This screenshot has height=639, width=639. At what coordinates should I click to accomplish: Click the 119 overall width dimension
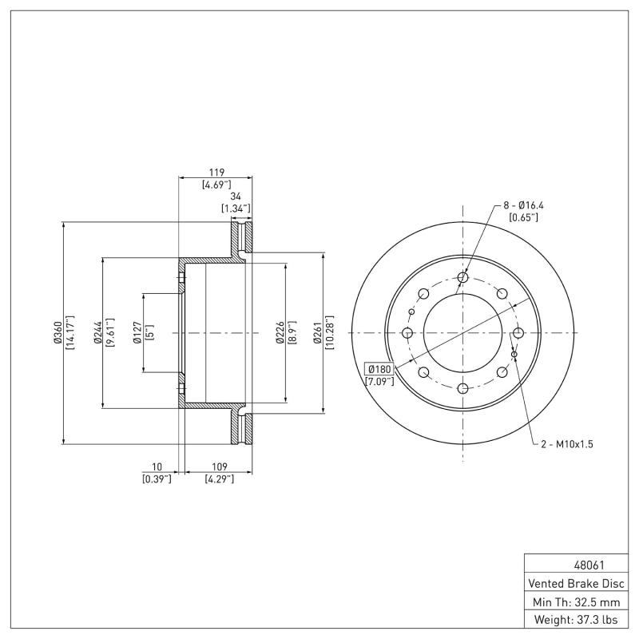216,172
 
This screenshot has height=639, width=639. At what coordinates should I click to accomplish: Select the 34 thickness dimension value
236,196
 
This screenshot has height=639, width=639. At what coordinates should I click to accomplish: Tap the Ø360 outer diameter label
57,332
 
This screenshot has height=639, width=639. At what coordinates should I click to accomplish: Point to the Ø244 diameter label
97,332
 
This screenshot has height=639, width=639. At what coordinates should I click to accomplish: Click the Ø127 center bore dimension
137,332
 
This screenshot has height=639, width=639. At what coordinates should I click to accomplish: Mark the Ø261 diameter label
318,332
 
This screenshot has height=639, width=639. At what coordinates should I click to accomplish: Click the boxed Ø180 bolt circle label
379,368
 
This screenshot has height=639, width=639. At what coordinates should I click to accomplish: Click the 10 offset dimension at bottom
157,466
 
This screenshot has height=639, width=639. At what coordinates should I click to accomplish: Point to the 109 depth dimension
218,466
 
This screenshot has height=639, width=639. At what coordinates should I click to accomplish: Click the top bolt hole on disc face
462,278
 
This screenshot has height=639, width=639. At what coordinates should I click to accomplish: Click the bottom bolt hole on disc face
462,388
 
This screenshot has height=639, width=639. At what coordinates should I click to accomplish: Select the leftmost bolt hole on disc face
407,333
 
